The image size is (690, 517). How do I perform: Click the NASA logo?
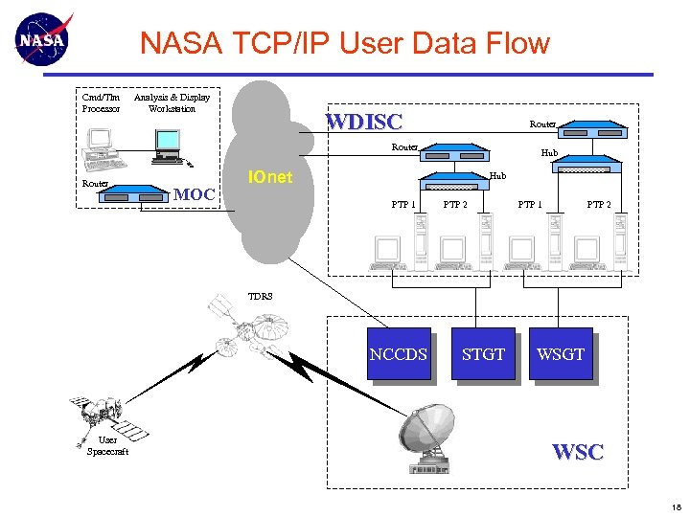coord(42,40)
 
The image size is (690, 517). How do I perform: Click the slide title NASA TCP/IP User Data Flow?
coord(344,43)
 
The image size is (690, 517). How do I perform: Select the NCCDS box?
coord(398,354)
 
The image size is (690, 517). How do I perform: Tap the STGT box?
coord(483,354)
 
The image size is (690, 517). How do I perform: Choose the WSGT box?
coord(561,354)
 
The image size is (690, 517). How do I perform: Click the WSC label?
coord(578,452)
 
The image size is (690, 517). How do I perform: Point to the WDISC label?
coord(363,122)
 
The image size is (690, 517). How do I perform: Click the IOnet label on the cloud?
coord(269,178)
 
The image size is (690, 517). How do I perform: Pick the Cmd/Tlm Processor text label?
coord(101,102)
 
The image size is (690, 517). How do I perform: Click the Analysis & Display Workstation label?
coord(172,102)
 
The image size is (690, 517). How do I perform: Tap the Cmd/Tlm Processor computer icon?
coord(101,149)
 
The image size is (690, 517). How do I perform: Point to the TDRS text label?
coord(261,297)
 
